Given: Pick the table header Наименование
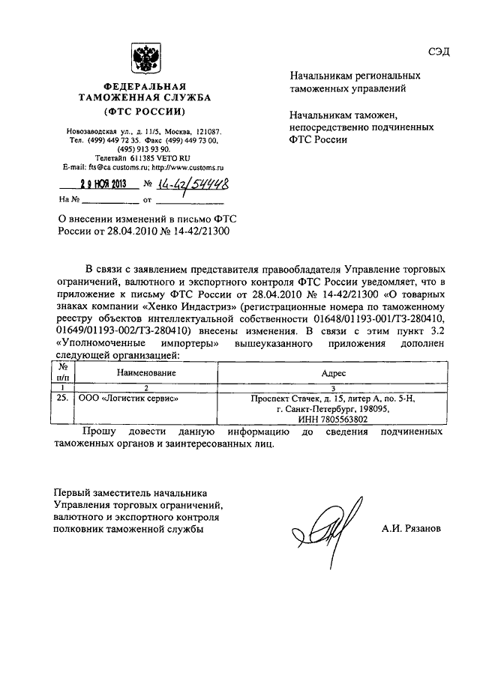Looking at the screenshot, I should [146, 372].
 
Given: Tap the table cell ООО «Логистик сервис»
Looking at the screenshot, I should [129, 399].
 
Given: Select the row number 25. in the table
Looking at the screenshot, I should [63, 399].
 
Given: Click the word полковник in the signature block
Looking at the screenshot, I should [83, 529].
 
